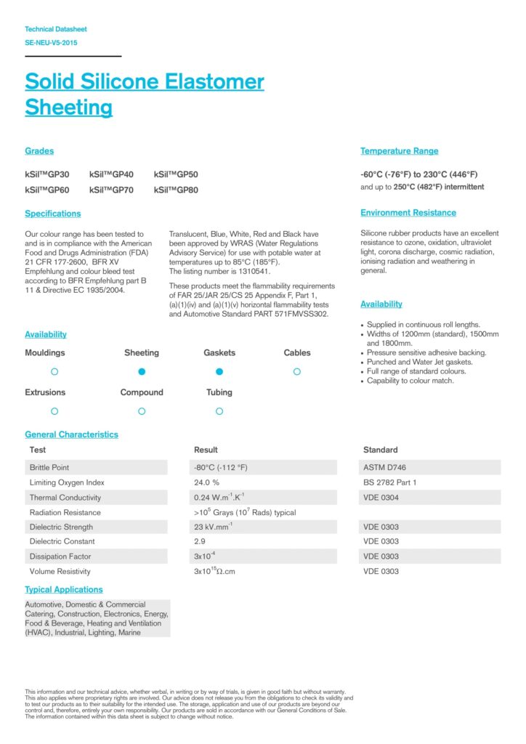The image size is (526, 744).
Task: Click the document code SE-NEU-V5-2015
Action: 51,43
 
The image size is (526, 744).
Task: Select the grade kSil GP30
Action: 47,174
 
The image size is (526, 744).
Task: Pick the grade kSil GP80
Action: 176,190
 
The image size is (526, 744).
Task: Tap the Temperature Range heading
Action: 399,151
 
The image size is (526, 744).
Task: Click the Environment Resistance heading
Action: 408,213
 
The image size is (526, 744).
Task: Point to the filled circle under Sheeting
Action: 142,371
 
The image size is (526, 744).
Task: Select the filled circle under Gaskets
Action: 219,371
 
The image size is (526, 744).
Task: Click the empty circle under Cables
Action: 296,371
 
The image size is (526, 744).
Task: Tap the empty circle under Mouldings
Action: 54,371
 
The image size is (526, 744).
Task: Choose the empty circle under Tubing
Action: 219,411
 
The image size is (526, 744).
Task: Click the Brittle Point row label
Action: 49,467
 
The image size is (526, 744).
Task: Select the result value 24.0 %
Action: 207,482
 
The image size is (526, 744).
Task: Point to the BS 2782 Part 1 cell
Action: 389,482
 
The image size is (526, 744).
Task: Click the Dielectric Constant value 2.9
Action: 200,541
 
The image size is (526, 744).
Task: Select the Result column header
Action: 206,450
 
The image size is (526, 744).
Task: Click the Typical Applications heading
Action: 64,589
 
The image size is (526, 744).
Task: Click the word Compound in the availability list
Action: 142,392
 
